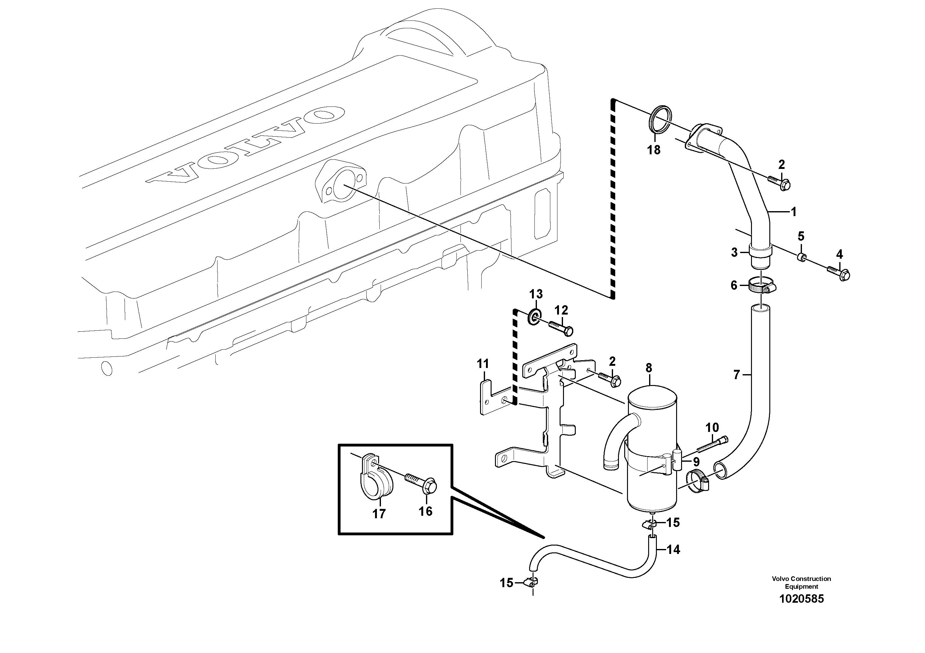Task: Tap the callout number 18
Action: tap(654, 150)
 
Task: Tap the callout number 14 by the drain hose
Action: tap(673, 550)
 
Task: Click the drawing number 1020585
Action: tap(801, 599)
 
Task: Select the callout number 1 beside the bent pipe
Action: tap(793, 212)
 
